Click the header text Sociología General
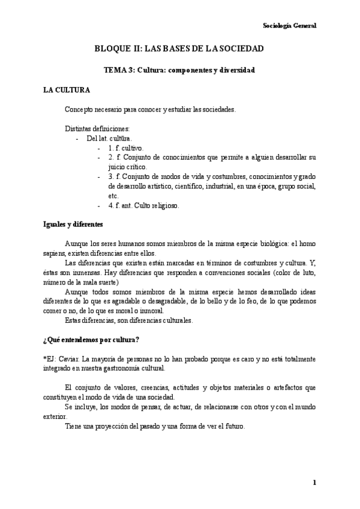(x=290, y=25)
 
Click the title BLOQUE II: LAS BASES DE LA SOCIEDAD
(x=179, y=48)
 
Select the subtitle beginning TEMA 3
(x=179, y=70)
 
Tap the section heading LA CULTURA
(x=67, y=91)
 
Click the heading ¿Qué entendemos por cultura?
(x=91, y=340)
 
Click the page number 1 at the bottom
(x=314, y=483)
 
